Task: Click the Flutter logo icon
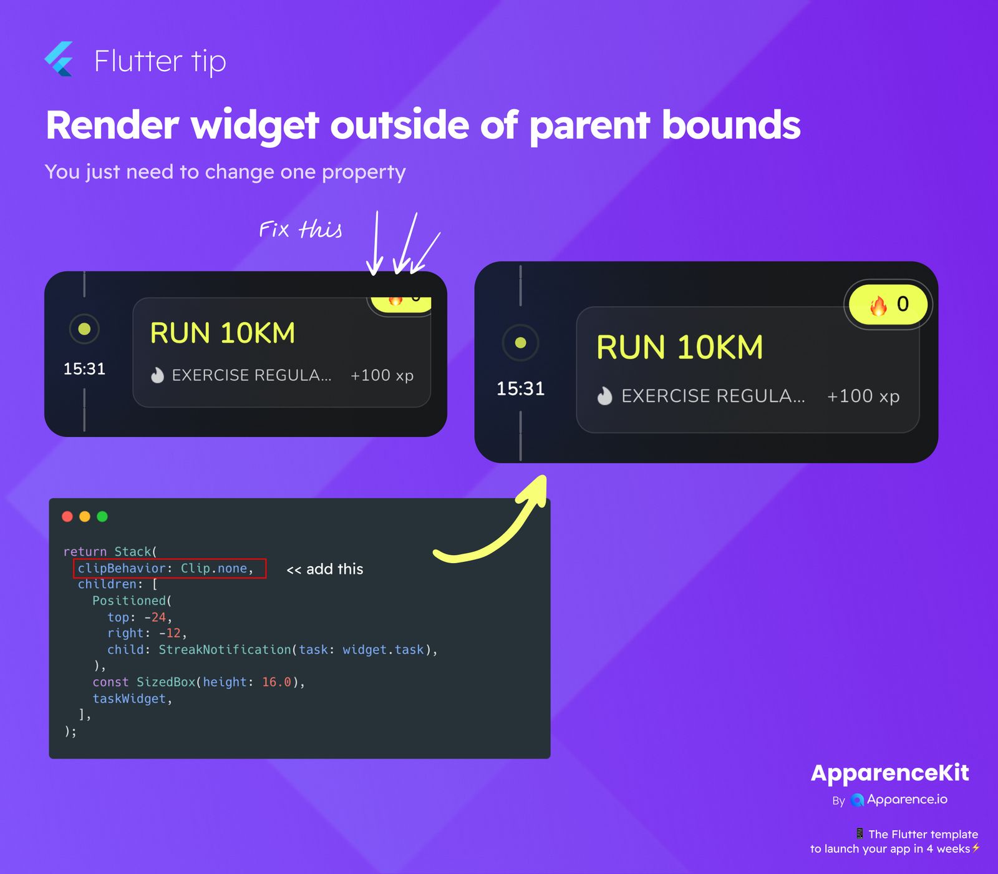59,59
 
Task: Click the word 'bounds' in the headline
730,125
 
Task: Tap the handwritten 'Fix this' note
301,229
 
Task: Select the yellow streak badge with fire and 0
888,304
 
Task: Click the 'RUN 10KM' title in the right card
680,347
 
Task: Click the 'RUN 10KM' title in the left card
223,333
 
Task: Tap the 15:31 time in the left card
84,369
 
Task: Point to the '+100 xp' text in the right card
863,396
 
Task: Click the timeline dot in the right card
520,343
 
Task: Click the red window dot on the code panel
67,516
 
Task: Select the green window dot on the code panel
102,516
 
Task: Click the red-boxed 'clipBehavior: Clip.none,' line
165,569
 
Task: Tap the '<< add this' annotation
325,569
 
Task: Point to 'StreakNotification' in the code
225,649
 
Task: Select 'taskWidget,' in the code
132,699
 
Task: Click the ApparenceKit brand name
890,773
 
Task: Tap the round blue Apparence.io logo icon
858,800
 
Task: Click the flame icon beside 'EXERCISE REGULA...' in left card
157,375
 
